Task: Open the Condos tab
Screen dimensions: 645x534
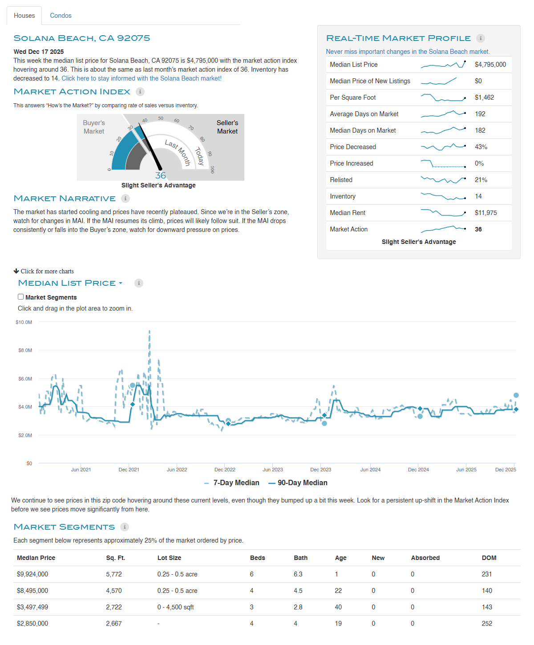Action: point(61,16)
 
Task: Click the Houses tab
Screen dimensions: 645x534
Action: point(24,16)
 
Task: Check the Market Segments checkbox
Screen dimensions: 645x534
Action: point(21,297)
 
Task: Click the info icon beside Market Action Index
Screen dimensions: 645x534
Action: point(140,92)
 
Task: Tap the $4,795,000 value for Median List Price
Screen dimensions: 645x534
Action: point(490,65)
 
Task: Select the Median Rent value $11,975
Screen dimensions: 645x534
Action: point(485,213)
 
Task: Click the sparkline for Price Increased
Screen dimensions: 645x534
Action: point(443,163)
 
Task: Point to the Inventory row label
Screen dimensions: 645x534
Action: point(343,196)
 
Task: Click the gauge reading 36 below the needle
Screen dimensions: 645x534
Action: point(161,175)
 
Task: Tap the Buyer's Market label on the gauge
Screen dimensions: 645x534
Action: point(94,127)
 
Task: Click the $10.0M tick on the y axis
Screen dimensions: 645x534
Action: point(24,322)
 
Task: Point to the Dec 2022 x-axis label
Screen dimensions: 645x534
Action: point(225,470)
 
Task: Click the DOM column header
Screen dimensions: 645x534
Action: point(489,558)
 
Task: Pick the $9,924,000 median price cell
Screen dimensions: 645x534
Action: point(32,574)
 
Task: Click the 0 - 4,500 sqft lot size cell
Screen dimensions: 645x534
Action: point(175,607)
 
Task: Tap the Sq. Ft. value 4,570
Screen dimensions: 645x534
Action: point(114,591)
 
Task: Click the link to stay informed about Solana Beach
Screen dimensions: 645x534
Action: point(142,78)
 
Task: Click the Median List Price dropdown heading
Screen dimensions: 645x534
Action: point(70,283)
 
